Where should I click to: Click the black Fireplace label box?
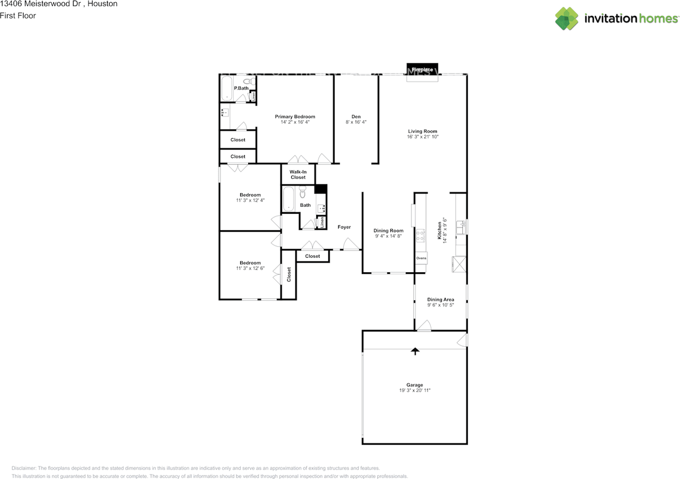pyautogui.click(x=422, y=70)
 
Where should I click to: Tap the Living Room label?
pyautogui.click(x=422, y=131)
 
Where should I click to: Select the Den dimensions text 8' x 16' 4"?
pyautogui.click(x=356, y=122)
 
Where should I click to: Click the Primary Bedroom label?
pyautogui.click(x=295, y=116)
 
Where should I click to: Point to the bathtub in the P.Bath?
pyautogui.click(x=226, y=89)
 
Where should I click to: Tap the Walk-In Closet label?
pyautogui.click(x=298, y=174)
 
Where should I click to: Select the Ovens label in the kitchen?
pyautogui.click(x=421, y=258)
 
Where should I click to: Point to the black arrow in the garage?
pyautogui.click(x=415, y=351)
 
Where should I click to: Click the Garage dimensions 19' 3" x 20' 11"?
pyautogui.click(x=415, y=391)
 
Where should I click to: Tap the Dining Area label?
pyautogui.click(x=440, y=299)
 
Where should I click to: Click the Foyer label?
pyautogui.click(x=344, y=227)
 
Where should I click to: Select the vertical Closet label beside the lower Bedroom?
pyautogui.click(x=289, y=274)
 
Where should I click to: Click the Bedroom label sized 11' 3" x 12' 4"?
pyautogui.click(x=250, y=195)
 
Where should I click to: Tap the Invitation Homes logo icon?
pyautogui.click(x=567, y=19)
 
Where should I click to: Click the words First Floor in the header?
pyautogui.click(x=18, y=15)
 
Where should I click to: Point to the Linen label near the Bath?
pyautogui.click(x=321, y=223)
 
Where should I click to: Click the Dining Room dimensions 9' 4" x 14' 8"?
pyautogui.click(x=388, y=236)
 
